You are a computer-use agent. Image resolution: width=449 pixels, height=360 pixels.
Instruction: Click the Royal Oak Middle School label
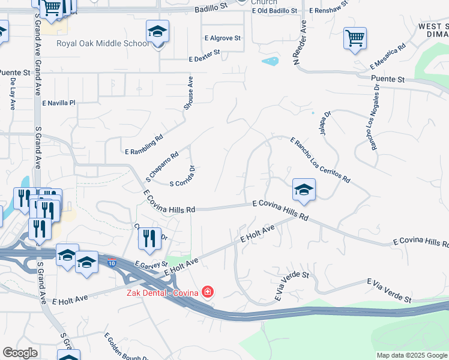coord(103,43)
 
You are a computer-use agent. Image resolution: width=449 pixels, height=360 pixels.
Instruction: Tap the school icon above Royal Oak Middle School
coord(157,32)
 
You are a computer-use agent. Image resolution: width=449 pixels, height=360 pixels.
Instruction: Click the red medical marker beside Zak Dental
coord(208,292)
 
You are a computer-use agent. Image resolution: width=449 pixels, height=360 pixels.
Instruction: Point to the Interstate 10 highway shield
coord(112,263)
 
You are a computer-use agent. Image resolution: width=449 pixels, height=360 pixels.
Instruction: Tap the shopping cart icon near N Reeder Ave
coord(355,38)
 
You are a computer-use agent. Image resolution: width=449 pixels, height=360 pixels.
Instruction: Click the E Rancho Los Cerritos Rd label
coord(319,160)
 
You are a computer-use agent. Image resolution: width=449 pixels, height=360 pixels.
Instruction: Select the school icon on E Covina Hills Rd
coord(304,190)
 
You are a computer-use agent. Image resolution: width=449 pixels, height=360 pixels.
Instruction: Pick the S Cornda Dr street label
coord(183,176)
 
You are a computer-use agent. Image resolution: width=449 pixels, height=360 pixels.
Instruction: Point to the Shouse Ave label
coord(188,93)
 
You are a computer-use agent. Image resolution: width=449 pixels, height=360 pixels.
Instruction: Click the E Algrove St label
coord(221,38)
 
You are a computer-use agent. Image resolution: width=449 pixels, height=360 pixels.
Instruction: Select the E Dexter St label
coord(204,56)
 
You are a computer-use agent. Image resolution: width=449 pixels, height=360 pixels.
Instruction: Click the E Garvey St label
coord(151,264)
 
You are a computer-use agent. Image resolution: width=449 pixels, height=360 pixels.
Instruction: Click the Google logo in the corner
coord(20,353)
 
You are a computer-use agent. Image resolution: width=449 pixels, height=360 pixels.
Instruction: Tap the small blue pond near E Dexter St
coord(270,61)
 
